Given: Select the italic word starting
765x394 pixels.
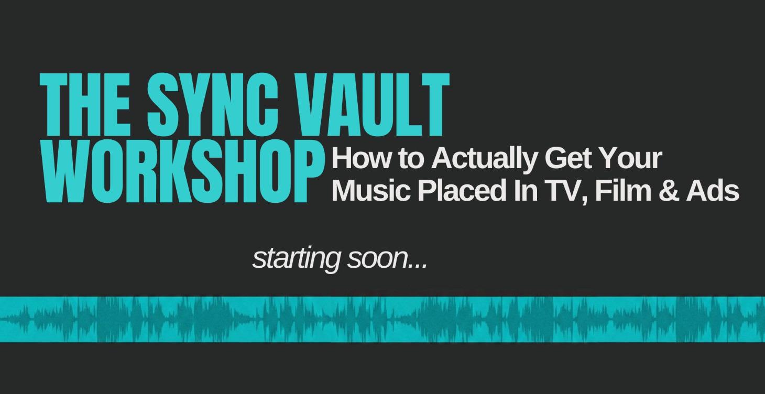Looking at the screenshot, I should click(297, 259).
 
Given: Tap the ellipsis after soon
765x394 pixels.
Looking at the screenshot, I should click(418, 265).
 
